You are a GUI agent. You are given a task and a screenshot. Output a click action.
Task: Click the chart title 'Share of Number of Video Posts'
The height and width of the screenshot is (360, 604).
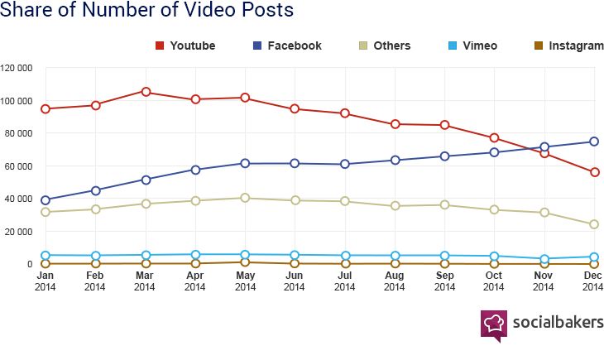click(x=147, y=12)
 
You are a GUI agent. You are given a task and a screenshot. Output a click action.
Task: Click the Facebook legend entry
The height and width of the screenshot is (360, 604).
click(x=286, y=46)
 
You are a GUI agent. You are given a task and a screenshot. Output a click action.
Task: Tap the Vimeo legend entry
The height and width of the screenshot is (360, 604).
click(x=472, y=46)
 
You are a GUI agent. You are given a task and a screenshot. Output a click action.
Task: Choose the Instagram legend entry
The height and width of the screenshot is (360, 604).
click(x=568, y=46)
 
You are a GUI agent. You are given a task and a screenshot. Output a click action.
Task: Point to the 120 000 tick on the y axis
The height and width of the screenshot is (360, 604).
click(x=17, y=68)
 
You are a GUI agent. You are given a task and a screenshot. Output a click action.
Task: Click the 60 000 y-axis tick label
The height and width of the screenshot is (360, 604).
click(x=19, y=166)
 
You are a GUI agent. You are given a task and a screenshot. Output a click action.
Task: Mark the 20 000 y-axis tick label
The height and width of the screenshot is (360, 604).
click(x=19, y=232)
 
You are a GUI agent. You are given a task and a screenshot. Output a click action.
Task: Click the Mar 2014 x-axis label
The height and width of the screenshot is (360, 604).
click(x=145, y=281)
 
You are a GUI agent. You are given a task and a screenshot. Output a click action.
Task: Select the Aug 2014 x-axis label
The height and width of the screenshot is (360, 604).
click(x=395, y=281)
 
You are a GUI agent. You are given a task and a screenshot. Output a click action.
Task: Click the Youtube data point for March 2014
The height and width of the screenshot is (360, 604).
click(x=146, y=92)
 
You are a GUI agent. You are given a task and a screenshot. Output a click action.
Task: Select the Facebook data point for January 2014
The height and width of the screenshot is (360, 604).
click(x=46, y=200)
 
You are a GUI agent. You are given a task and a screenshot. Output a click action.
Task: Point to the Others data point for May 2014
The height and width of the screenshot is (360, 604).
click(x=245, y=198)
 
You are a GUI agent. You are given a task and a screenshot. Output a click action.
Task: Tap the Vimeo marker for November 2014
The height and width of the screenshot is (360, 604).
click(x=544, y=259)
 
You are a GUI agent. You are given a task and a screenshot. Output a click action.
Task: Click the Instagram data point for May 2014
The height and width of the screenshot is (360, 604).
click(x=245, y=262)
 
